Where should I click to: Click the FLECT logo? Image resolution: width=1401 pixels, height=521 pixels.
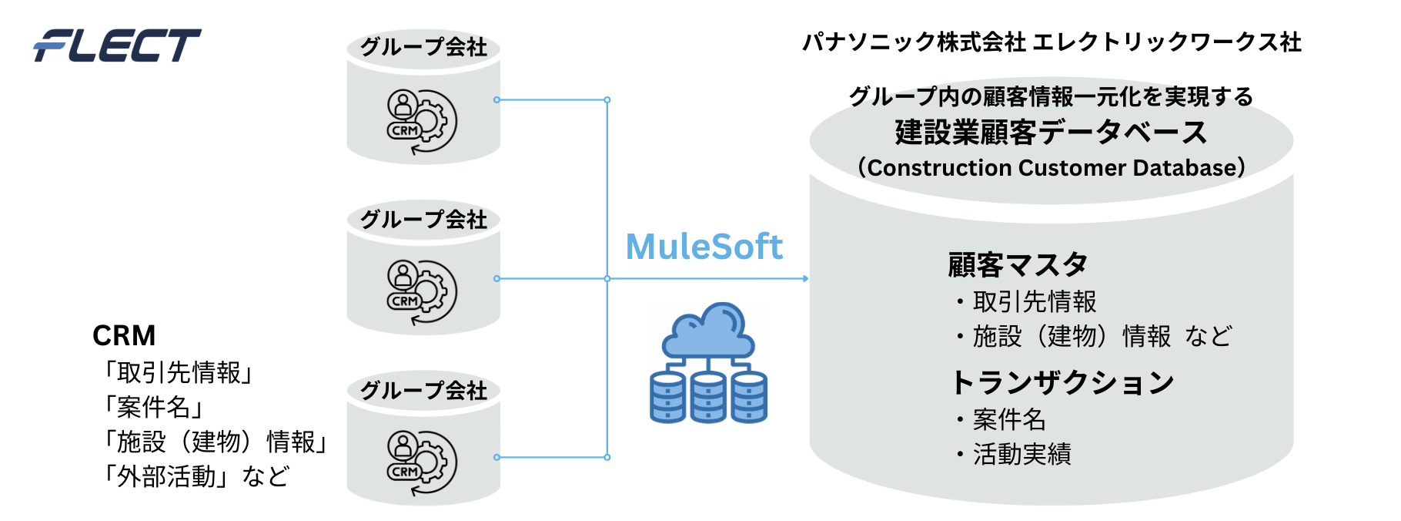coord(117,45)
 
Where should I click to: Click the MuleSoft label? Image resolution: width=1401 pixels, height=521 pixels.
coord(704,247)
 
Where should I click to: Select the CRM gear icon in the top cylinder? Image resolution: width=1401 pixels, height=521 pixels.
coord(422,121)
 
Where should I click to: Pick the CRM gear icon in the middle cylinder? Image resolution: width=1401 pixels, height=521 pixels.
coord(422,292)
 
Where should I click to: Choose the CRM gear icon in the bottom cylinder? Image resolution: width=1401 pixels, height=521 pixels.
coord(422,462)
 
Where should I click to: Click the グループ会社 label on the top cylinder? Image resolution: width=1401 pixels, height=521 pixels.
coord(423,48)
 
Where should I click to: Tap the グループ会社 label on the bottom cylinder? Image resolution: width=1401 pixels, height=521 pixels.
coord(423,391)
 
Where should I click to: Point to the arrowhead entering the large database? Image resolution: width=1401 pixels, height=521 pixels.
coord(804,278)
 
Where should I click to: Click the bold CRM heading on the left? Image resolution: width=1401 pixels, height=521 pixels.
coord(124,336)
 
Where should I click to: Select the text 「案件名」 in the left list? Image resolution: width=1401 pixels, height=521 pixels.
coord(153,407)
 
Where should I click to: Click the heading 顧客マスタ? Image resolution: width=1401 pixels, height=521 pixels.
coord(1017,265)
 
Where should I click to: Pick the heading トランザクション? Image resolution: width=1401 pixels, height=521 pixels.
coord(1062,382)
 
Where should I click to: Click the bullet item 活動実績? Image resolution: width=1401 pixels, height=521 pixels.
coord(1021,455)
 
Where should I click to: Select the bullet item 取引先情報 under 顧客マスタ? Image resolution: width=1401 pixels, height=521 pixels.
coord(1034,301)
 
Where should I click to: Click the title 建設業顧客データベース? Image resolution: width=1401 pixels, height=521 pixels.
coord(1051,133)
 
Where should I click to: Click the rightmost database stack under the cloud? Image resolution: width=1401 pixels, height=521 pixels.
coord(749,397)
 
